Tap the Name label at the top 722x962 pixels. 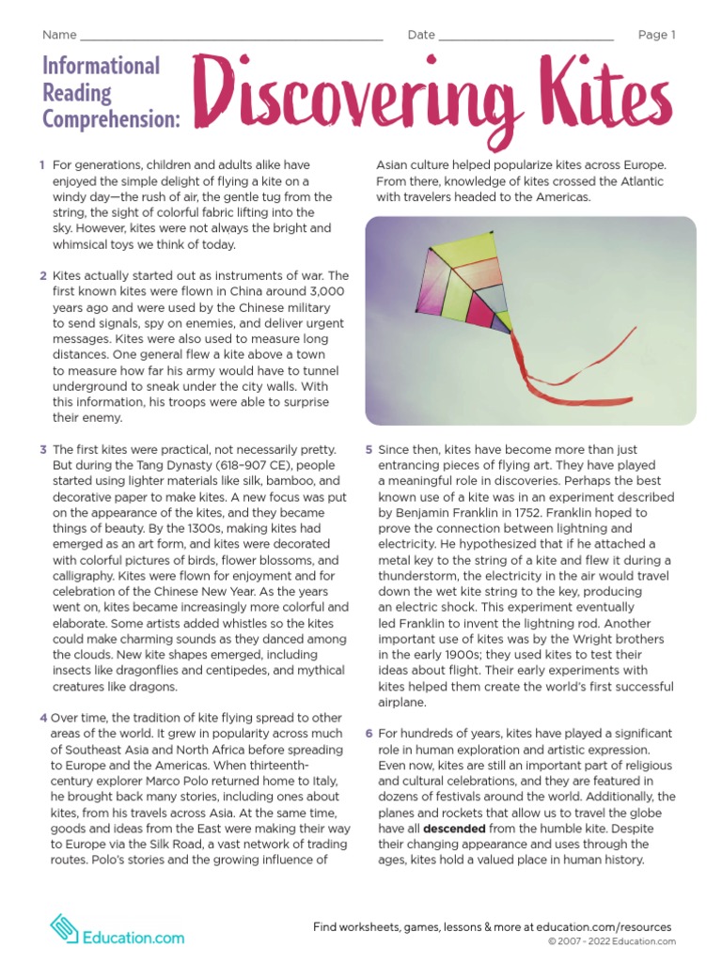58,36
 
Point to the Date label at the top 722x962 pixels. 421,36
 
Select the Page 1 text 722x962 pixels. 656,36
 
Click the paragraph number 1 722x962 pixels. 42,165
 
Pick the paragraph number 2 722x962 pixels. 43,276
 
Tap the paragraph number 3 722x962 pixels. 43,450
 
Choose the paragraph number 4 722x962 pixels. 43,718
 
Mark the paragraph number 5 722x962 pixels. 369,450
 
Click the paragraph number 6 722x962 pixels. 369,733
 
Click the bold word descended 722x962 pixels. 454,830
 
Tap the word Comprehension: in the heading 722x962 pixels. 111,119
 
